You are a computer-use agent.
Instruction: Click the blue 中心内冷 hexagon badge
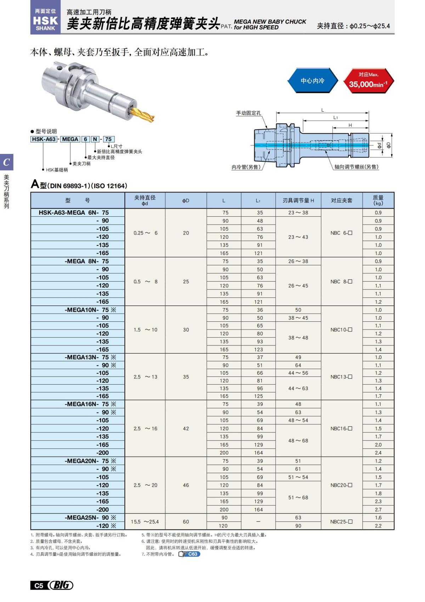tap(312, 81)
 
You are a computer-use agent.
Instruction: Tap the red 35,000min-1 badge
tap(368, 81)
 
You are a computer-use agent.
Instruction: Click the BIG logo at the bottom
tap(61, 585)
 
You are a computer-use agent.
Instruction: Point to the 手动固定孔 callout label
tap(248, 113)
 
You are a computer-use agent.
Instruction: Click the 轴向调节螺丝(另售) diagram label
tap(356, 167)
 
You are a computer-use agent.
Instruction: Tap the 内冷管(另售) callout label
tap(246, 167)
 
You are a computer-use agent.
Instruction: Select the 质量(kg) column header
tap(378, 200)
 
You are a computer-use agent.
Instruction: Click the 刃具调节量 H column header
tap(298, 200)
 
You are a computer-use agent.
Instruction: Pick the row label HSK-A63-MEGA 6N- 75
tap(74, 212)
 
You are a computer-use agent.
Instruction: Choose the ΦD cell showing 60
tap(186, 521)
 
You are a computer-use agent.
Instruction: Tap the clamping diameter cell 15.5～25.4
tap(144, 521)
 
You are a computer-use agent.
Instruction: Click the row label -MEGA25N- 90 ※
tap(90, 518)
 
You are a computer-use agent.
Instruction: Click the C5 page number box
tap(38, 585)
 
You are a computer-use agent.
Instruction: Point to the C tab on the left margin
tap(6, 162)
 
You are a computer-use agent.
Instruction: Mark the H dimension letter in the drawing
tap(350, 125)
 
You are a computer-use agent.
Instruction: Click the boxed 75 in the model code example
tap(108, 139)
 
